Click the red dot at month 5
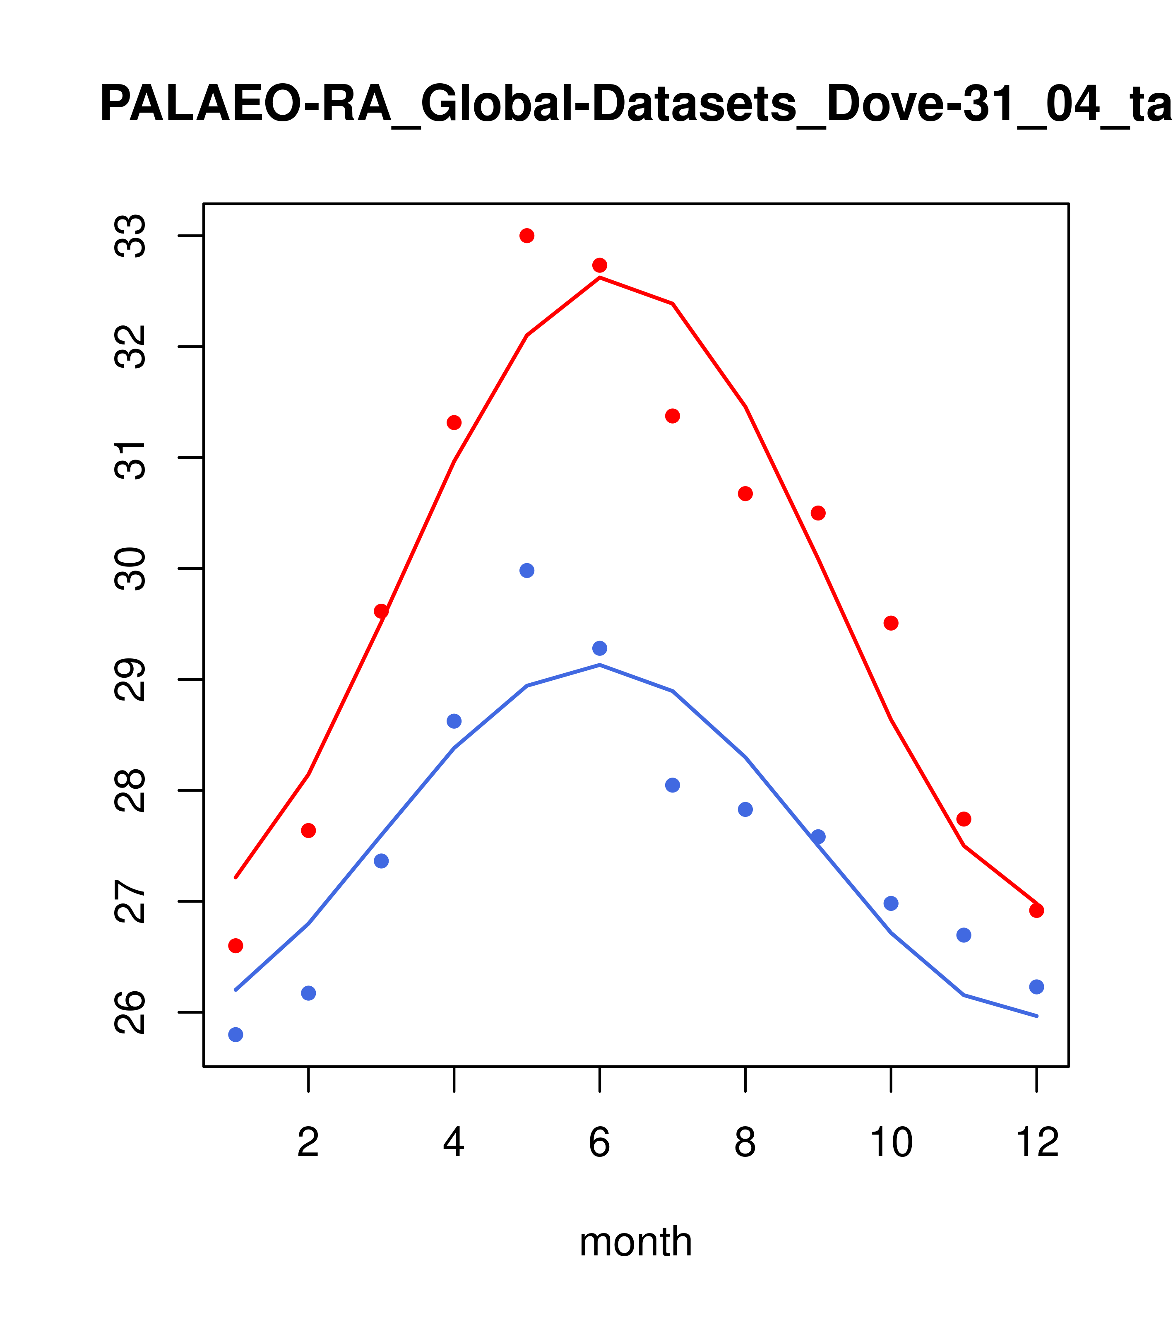coord(527,236)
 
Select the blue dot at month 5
coord(527,570)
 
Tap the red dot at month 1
coord(236,945)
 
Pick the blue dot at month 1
coord(236,1035)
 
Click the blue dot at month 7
coord(673,785)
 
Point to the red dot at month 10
coord(891,623)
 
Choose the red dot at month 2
coord(309,831)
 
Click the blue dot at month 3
coord(382,861)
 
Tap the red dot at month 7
coord(673,416)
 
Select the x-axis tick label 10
coord(891,1143)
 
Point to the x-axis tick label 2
coord(309,1143)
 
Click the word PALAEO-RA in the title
coord(245,105)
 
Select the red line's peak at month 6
coord(600,278)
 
